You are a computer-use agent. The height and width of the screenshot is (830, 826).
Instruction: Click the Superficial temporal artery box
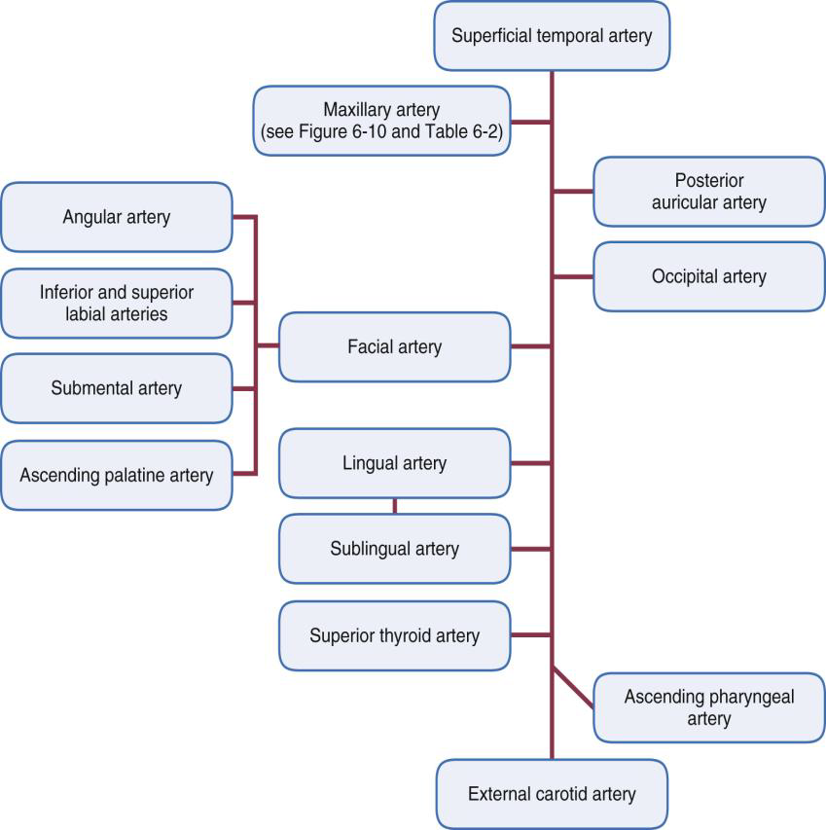pyautogui.click(x=552, y=36)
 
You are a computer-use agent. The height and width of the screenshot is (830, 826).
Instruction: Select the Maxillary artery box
pyautogui.click(x=381, y=121)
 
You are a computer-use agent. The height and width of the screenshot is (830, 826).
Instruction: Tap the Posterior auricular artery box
pyautogui.click(x=708, y=192)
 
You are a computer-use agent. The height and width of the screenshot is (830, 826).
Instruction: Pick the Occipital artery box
pyautogui.click(x=708, y=276)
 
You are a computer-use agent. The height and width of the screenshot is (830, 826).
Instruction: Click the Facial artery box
pyautogui.click(x=394, y=346)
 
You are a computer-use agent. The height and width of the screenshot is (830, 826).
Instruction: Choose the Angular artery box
pyautogui.click(x=117, y=217)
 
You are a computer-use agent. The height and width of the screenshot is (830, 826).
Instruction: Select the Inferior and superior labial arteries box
pyautogui.click(x=117, y=303)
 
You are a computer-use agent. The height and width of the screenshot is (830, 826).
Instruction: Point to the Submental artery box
pyautogui.click(x=117, y=388)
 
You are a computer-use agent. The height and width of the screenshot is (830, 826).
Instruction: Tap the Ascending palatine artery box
pyautogui.click(x=117, y=475)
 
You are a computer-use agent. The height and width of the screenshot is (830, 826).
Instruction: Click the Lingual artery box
pyautogui.click(x=394, y=463)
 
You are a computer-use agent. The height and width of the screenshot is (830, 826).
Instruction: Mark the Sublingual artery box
pyautogui.click(x=394, y=549)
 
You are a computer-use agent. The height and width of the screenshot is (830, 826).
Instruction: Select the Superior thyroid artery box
pyautogui.click(x=394, y=635)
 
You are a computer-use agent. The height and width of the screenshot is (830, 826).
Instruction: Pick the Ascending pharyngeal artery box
pyautogui.click(x=708, y=707)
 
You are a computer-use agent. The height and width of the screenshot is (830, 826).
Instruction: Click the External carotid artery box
pyautogui.click(x=552, y=794)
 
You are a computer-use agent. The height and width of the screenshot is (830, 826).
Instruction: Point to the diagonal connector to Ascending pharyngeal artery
pyautogui.click(x=573, y=686)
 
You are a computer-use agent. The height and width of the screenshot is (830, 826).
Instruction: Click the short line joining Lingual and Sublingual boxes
pyautogui.click(x=394, y=506)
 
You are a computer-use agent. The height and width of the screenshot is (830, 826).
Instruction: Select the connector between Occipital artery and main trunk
pyautogui.click(x=573, y=276)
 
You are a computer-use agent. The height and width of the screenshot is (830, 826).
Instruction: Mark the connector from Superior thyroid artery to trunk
pyautogui.click(x=531, y=635)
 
